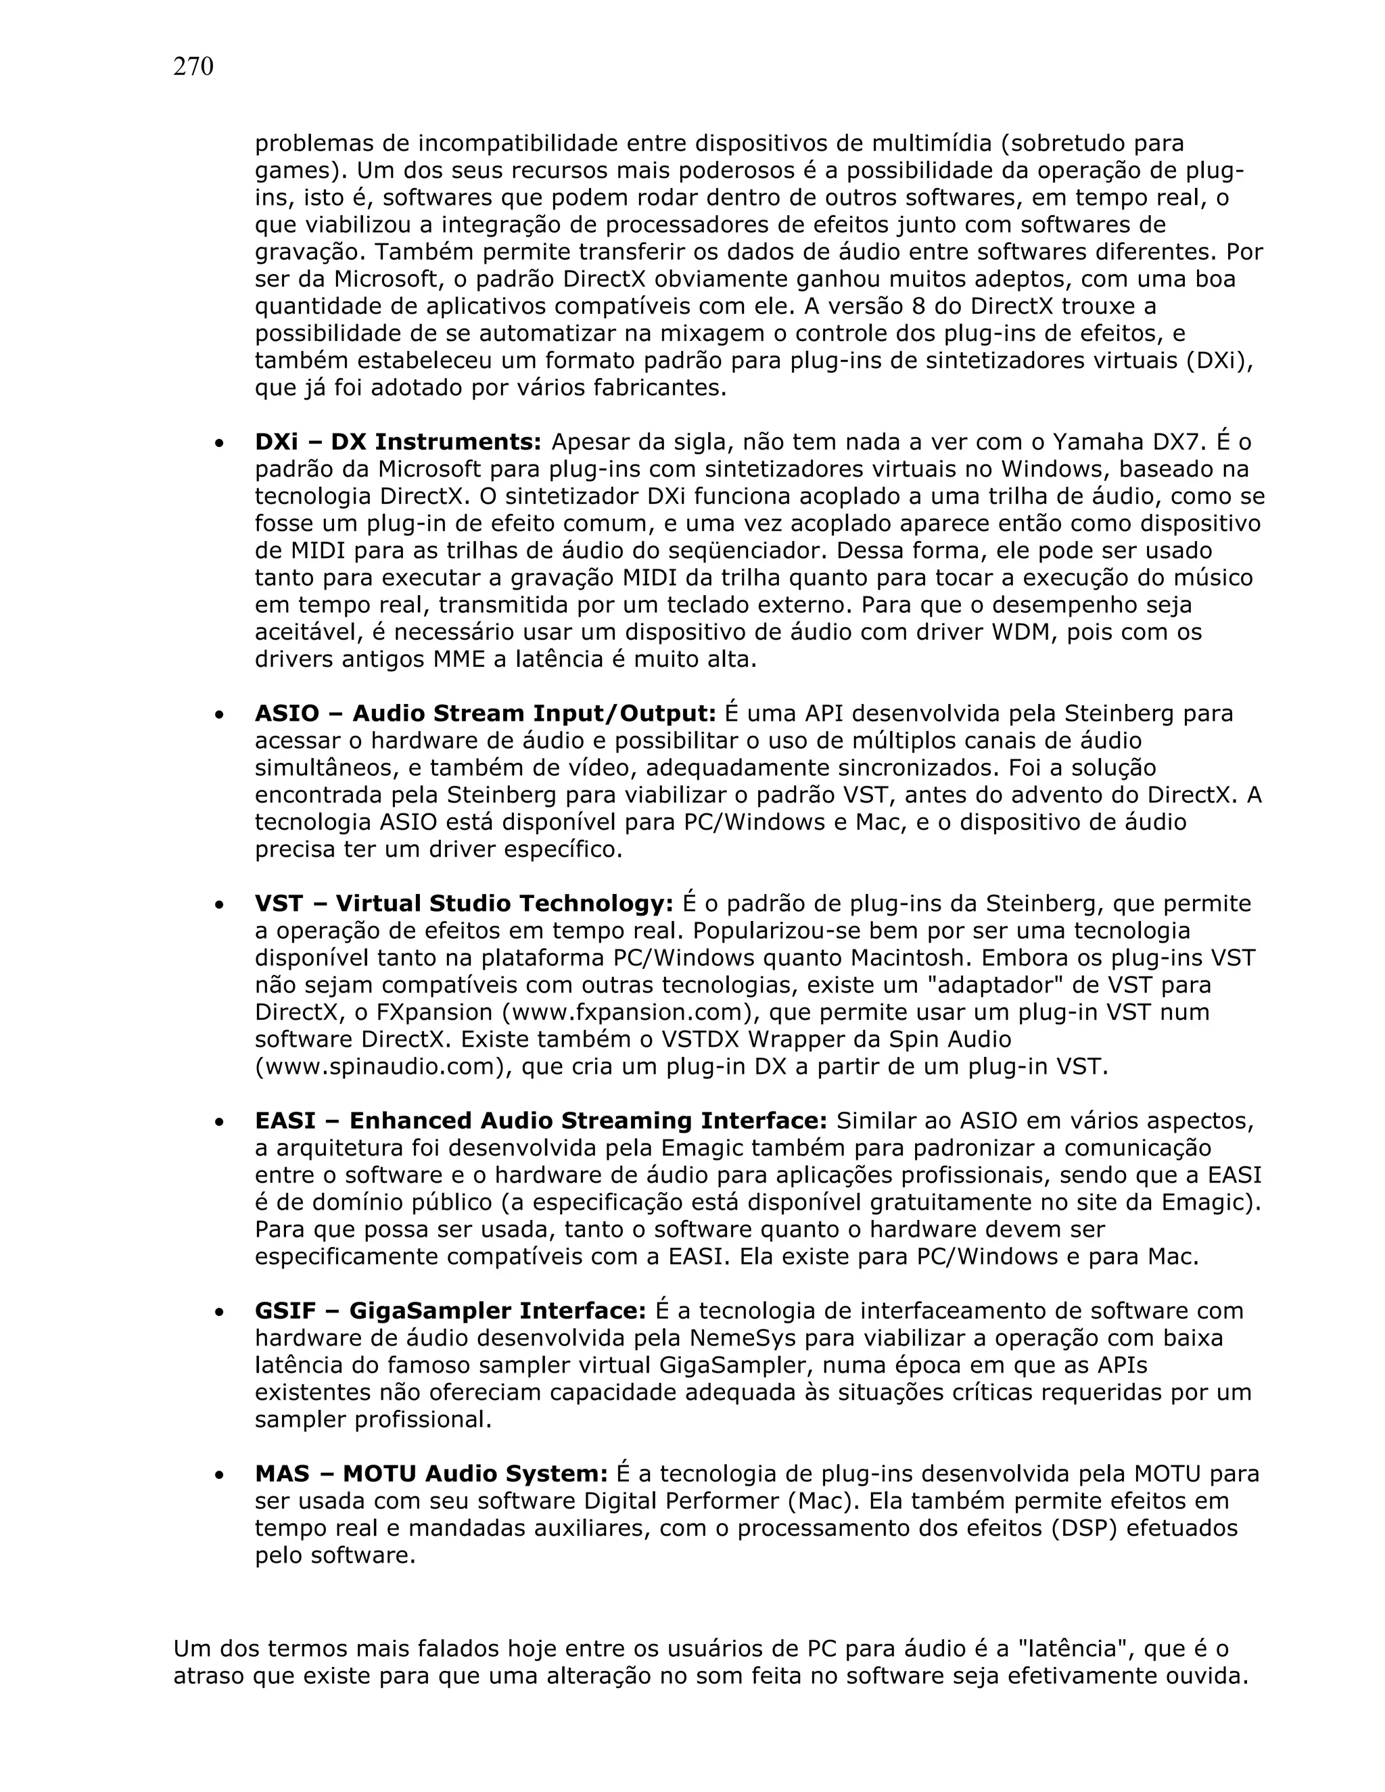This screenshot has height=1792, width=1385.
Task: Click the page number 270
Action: click(x=193, y=67)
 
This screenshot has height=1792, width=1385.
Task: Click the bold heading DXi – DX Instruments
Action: click(x=398, y=442)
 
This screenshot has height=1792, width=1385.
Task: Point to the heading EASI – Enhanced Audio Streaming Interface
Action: click(x=541, y=1121)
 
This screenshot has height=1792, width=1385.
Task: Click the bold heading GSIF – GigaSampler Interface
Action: click(x=450, y=1311)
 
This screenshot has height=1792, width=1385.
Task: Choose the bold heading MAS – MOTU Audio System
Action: click(x=431, y=1473)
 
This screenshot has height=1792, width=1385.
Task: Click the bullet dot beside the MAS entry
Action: click(x=218, y=1476)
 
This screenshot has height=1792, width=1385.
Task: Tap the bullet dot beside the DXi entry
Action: click(x=218, y=444)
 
